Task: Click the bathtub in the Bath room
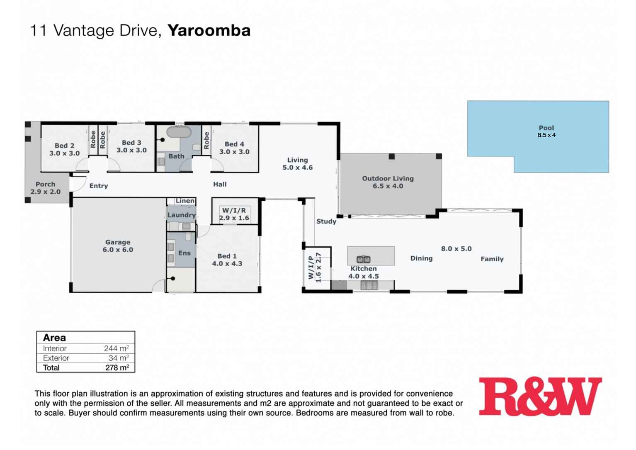(179, 132)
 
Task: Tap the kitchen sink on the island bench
(364, 260)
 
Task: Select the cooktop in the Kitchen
(369, 285)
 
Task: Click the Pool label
(546, 128)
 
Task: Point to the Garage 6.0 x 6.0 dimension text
(118, 250)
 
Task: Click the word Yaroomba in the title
(209, 31)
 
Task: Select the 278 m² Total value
(117, 368)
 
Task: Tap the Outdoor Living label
(388, 179)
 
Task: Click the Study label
(326, 221)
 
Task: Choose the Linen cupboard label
(185, 201)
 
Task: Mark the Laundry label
(182, 215)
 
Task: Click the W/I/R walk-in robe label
(234, 211)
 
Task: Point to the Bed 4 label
(234, 144)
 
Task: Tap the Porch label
(45, 185)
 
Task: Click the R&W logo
(540, 396)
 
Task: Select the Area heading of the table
(54, 338)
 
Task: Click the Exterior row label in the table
(56, 358)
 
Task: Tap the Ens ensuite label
(184, 253)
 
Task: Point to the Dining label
(421, 258)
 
